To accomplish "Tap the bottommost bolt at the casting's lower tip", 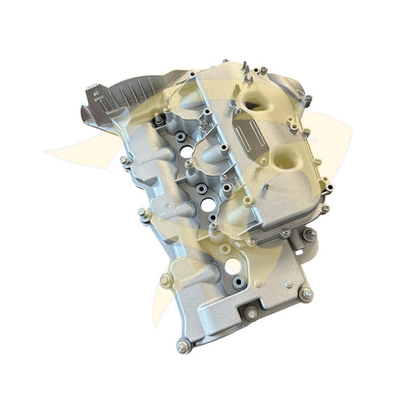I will (182, 346).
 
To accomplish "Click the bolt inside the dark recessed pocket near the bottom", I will (251, 315).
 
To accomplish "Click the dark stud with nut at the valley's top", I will (160, 120).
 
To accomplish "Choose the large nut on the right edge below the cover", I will (309, 235).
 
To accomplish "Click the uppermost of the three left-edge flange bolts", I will (124, 161).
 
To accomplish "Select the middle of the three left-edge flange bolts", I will (143, 211).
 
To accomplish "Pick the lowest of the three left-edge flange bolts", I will (165, 280).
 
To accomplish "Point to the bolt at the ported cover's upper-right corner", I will (308, 99).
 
